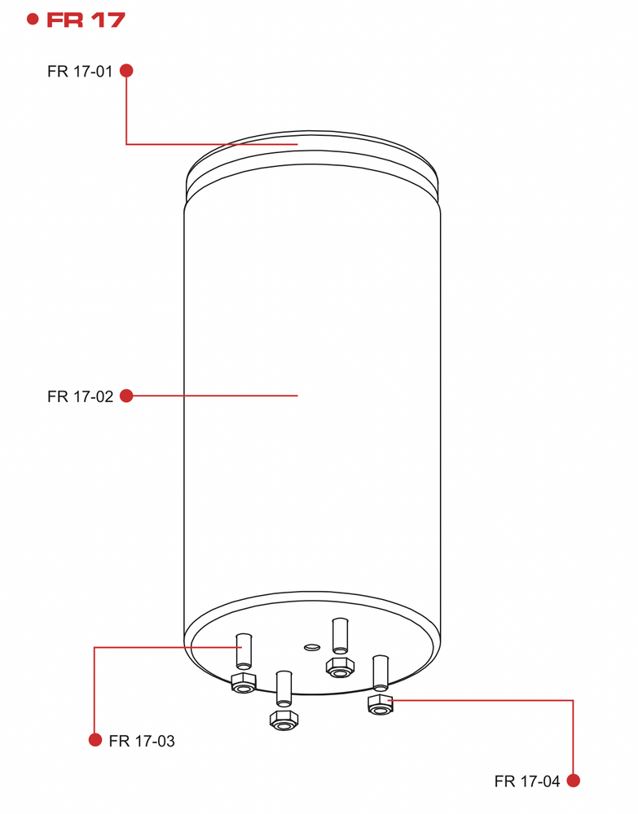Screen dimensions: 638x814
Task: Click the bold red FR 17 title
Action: [86, 20]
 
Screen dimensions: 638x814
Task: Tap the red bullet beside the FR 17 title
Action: [33, 20]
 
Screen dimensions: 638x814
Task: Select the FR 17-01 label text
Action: [80, 71]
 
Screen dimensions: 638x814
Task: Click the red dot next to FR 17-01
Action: [126, 71]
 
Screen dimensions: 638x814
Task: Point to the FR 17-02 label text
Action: [80, 396]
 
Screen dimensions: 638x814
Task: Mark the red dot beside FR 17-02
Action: [126, 396]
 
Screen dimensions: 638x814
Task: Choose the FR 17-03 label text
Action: [142, 741]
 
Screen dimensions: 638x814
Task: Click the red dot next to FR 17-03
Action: [95, 740]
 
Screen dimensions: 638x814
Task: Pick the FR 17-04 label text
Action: [527, 781]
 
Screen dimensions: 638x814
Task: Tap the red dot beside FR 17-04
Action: [573, 781]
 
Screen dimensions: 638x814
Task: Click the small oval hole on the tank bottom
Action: [312, 647]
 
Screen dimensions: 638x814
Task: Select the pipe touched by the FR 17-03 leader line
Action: [244, 651]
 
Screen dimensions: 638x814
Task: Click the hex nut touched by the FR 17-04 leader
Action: [381, 704]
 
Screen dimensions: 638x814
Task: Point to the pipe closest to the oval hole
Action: [340, 636]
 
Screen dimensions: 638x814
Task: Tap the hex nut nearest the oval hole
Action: [341, 667]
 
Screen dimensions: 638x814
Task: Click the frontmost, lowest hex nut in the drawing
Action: [284, 720]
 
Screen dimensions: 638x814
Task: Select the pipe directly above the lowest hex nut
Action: [284, 689]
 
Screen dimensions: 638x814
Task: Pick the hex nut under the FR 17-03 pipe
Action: [243, 683]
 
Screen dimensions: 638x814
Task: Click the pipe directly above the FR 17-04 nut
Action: [381, 673]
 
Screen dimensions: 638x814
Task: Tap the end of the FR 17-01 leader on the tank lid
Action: [297, 144]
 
